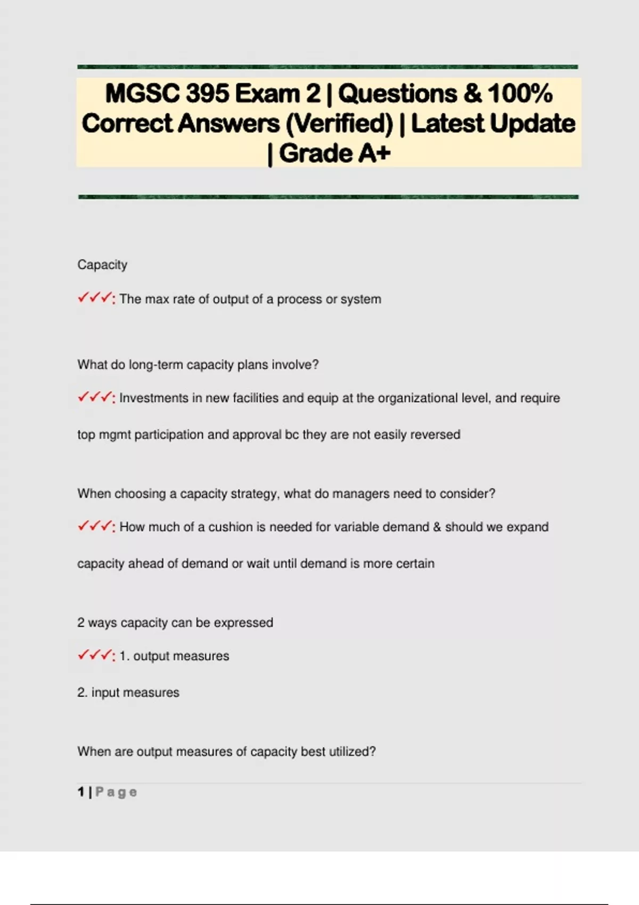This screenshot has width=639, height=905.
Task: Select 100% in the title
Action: tap(520, 94)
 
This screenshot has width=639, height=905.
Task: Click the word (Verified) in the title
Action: tap(339, 124)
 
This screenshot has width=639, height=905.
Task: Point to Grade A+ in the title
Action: tap(334, 154)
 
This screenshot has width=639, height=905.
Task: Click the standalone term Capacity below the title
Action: tap(102, 265)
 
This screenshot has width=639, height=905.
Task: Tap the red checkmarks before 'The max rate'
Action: tap(95, 298)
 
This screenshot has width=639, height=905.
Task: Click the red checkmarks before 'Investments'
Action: tap(95, 397)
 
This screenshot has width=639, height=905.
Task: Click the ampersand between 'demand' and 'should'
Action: tap(437, 527)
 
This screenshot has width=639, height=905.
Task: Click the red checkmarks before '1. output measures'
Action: tap(95, 655)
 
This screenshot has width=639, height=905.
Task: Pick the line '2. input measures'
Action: tap(128, 693)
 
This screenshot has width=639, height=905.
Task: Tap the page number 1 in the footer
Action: tap(81, 792)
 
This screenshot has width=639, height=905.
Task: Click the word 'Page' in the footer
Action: tap(116, 792)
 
